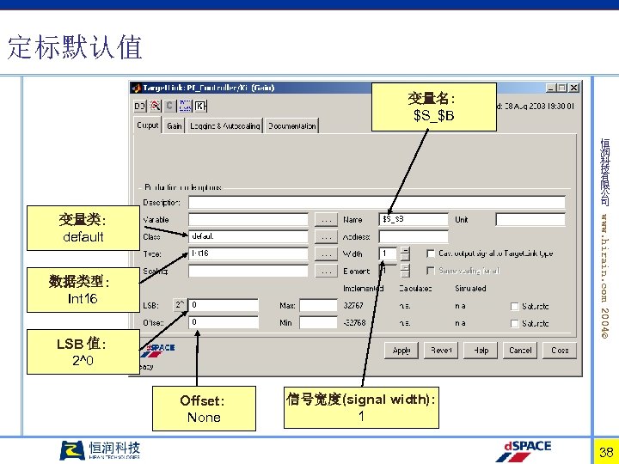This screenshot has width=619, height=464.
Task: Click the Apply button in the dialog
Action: tap(401, 351)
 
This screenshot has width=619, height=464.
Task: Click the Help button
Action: tap(482, 351)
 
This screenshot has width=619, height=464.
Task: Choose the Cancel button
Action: tap(520, 351)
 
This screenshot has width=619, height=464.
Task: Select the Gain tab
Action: tap(175, 125)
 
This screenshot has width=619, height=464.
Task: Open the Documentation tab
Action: tap(292, 125)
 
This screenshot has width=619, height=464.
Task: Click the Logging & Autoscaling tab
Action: tap(225, 125)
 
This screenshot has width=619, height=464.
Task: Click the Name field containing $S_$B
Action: tap(413, 219)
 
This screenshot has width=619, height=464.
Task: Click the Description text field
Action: tap(377, 203)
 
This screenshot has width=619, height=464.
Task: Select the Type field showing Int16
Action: tap(248, 253)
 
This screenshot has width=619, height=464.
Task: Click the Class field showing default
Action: tap(248, 236)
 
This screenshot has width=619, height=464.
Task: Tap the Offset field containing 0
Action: tap(223, 322)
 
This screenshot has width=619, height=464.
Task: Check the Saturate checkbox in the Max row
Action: tap(513, 306)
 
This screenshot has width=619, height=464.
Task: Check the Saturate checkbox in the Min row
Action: tap(513, 323)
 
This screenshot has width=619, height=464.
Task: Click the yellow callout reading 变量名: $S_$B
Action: tap(433, 107)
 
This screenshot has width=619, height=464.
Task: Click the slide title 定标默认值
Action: tap(75, 47)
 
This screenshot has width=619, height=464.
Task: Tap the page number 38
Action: tap(605, 452)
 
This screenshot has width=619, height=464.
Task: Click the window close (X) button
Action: tap(574, 88)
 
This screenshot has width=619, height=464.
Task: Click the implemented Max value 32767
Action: tap(353, 305)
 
